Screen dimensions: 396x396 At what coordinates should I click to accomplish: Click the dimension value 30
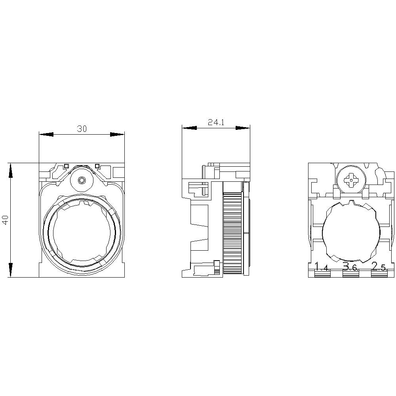[x=82, y=129]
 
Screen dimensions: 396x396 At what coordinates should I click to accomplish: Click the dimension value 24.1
[x=216, y=123]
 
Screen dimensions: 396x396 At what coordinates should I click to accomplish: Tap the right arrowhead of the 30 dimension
[x=118, y=135]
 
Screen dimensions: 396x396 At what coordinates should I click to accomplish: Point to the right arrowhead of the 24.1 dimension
[x=243, y=128]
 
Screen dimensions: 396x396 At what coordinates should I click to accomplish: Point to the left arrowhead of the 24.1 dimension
[x=189, y=128]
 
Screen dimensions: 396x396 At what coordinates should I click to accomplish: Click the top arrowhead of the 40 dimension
[x=11, y=169]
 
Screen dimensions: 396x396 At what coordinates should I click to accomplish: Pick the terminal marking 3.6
[x=350, y=267]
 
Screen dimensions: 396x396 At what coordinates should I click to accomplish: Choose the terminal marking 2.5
[x=379, y=267]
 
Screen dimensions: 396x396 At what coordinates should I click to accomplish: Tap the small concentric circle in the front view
[x=82, y=180]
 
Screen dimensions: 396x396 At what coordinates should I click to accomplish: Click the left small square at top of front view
[x=67, y=166]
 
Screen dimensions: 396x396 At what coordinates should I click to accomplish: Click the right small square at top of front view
[x=97, y=166]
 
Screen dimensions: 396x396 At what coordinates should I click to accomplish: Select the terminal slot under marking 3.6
[x=350, y=274]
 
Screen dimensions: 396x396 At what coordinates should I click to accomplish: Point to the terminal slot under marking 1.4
[x=322, y=274]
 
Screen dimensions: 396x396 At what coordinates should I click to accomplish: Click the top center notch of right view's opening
[x=351, y=203]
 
